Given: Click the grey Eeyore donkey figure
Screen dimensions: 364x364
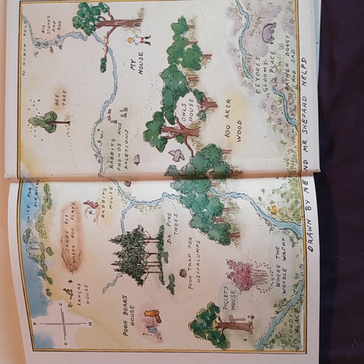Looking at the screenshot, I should point(269,31).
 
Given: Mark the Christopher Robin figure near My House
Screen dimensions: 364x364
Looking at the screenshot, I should point(139,40).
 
